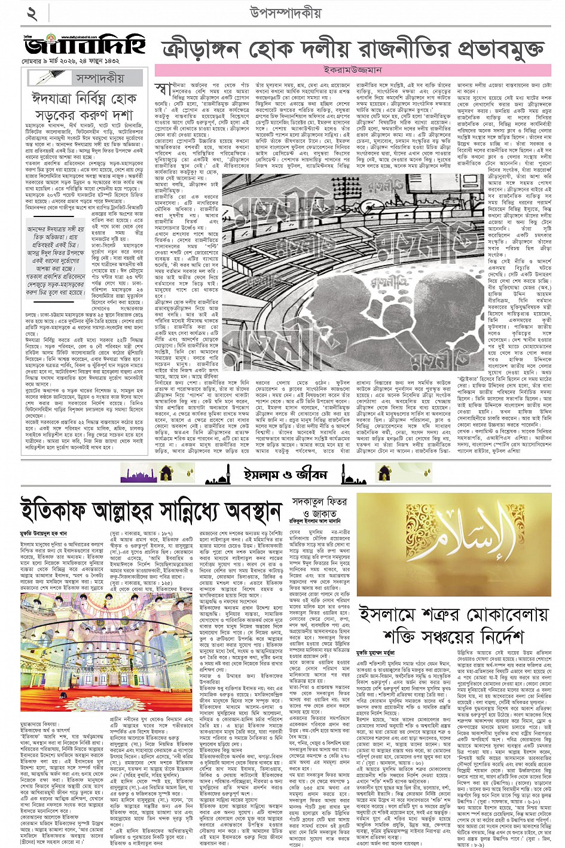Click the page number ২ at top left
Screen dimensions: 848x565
[x=32, y=14]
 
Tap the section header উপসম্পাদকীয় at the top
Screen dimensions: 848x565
[x=282, y=13]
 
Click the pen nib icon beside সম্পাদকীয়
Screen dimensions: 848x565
[x=47, y=78]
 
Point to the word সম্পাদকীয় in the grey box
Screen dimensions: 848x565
[x=100, y=78]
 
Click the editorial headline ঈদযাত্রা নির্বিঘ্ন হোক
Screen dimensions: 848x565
[x=84, y=97]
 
